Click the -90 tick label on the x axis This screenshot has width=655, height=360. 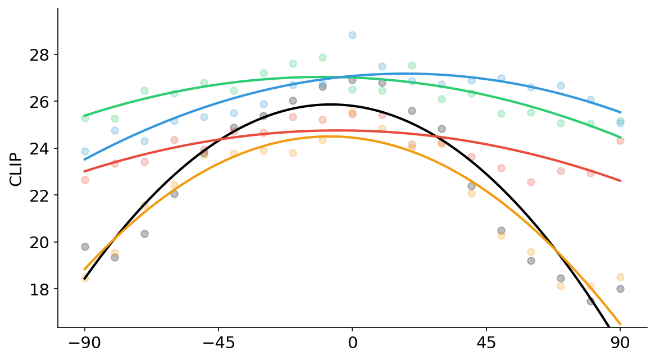click(84, 343)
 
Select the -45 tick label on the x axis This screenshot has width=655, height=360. click(218, 343)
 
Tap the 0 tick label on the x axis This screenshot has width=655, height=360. click(352, 343)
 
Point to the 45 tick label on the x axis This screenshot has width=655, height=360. click(486, 343)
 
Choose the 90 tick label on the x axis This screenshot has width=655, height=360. click(620, 343)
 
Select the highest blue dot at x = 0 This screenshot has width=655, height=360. click(352, 35)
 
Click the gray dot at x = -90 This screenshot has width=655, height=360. click(85, 247)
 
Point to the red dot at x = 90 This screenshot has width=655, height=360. click(620, 140)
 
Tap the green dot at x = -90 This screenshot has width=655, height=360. click(85, 118)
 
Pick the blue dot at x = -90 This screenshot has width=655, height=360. click(85, 151)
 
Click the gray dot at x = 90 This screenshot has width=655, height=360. click(620, 289)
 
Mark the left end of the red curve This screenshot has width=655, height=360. click(85, 171)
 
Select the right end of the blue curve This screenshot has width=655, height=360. click(620, 112)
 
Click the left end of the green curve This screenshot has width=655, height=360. click(85, 116)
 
